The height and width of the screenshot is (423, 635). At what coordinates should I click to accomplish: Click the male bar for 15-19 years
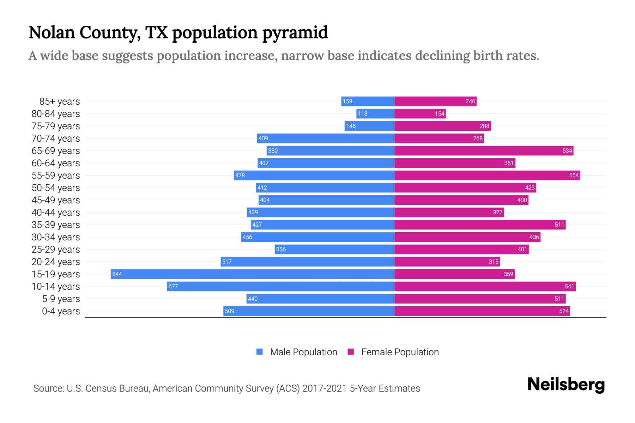coord(252,274)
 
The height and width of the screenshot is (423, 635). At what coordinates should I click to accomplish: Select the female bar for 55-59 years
coord(487,175)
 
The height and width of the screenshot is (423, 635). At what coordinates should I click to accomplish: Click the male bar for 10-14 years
coord(280,286)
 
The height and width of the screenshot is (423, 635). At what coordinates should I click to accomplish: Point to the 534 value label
coord(567,151)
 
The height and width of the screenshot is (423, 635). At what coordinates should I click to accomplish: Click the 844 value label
coord(117,274)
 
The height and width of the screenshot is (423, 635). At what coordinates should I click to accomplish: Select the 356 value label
coord(281,249)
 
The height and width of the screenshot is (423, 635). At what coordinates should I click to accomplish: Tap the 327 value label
coord(497,212)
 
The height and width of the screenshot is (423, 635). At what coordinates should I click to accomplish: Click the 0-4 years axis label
coord(61,311)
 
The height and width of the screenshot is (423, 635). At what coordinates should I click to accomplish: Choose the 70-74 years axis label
coord(56,139)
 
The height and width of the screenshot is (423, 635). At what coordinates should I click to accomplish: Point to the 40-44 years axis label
coord(56,213)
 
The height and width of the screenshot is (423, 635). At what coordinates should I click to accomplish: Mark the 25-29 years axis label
coord(56,250)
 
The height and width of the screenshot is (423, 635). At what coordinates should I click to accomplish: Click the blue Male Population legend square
coord(260,352)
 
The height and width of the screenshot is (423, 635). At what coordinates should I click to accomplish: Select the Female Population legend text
coord(400,352)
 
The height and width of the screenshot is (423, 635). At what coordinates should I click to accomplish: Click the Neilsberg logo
coord(566,385)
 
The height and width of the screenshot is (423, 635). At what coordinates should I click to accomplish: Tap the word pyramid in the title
coord(295,33)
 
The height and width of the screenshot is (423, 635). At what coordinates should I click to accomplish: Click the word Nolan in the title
coord(52,32)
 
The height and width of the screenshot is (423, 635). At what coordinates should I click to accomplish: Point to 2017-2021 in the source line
coord(325,388)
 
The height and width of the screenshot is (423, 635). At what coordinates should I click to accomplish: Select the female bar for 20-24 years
coord(447,262)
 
